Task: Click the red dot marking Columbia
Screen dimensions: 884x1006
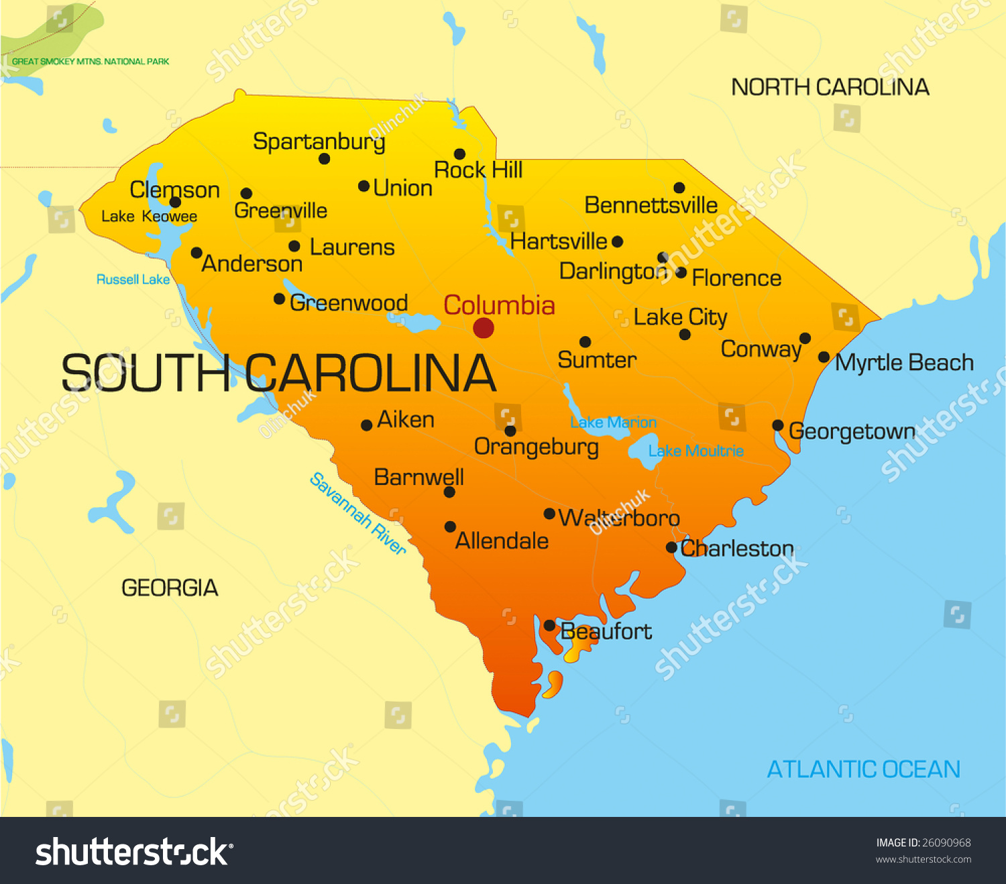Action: [x=484, y=328]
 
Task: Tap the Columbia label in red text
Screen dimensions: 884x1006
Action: [x=499, y=305]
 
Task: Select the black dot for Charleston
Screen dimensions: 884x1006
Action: [x=671, y=548]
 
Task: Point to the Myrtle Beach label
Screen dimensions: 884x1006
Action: [x=904, y=363]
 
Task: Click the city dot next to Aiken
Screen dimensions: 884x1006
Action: [x=367, y=425]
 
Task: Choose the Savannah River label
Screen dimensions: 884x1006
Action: [x=358, y=514]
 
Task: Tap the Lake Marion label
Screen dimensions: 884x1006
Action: [x=613, y=423]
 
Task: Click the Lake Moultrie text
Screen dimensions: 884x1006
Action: [x=695, y=451]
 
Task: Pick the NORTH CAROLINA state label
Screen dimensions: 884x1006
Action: [x=830, y=87]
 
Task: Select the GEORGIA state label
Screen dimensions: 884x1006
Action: [x=170, y=588]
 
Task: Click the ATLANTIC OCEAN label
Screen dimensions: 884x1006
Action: [x=863, y=769]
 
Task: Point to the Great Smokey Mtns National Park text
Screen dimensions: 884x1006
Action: [x=91, y=62]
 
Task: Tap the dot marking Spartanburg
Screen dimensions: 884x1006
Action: [x=325, y=159]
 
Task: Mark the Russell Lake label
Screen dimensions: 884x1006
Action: [x=133, y=280]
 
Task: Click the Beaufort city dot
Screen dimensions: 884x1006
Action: [x=549, y=626]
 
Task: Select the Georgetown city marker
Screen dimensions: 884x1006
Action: [x=778, y=425]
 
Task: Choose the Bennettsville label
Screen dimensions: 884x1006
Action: [x=651, y=205]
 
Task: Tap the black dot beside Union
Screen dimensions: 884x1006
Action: [x=364, y=186]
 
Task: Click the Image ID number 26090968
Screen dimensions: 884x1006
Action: [x=946, y=842]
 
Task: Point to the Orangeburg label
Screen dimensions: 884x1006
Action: [x=536, y=447]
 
